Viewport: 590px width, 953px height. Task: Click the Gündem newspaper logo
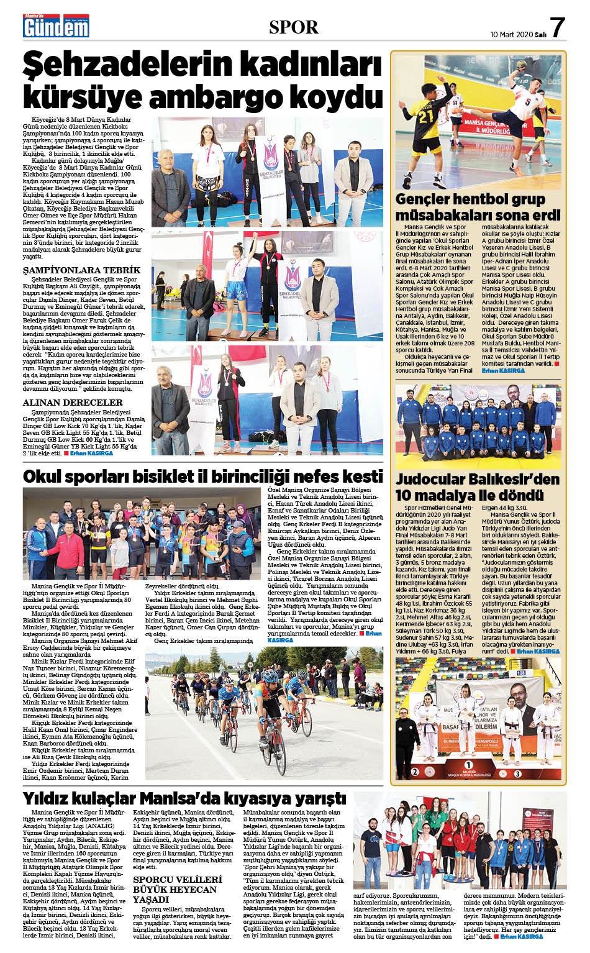(x=55, y=25)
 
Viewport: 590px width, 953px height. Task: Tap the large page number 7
(x=557, y=28)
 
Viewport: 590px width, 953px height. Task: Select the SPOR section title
(x=294, y=27)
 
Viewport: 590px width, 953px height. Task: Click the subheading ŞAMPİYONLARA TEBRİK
(x=81, y=270)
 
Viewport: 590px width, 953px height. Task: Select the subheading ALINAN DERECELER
(x=72, y=402)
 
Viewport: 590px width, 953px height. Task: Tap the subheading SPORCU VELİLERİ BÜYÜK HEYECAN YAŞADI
(x=178, y=889)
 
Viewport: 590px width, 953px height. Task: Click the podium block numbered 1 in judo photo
(x=468, y=765)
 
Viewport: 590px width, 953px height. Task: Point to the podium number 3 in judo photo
(x=517, y=773)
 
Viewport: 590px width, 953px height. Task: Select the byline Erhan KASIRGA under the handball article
(x=502, y=370)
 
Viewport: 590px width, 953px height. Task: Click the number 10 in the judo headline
(x=406, y=495)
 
